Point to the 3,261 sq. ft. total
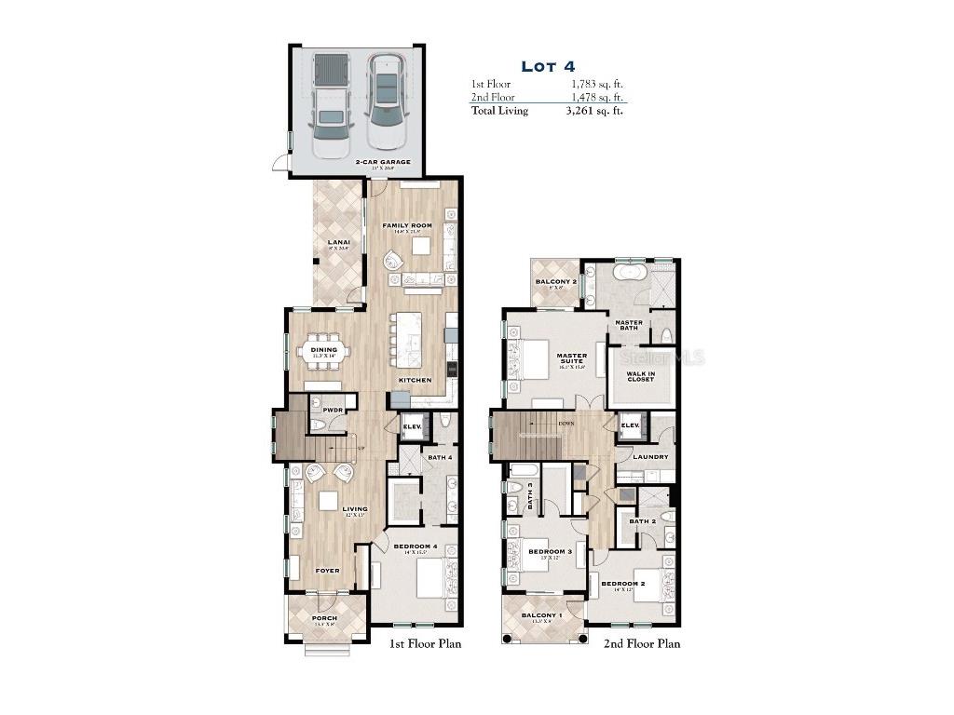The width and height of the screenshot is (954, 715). tap(594, 111)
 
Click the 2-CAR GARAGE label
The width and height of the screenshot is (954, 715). tap(382, 162)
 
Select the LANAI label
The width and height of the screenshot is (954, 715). tap(338, 244)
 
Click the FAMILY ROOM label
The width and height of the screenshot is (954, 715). tap(407, 226)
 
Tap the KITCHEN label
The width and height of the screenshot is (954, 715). tap(415, 381)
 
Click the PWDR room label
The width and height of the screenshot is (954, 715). tap(334, 410)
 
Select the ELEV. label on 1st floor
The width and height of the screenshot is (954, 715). tap(412, 427)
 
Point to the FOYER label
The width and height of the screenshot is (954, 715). tap(326, 571)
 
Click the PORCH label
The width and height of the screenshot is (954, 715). tap(324, 618)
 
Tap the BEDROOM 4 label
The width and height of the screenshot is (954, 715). tap(416, 546)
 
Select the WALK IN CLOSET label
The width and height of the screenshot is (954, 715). tap(640, 377)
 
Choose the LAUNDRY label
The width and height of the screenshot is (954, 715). tap(649, 457)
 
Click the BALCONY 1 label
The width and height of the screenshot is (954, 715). tap(541, 616)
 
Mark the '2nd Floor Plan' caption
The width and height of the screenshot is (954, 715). tap(641, 643)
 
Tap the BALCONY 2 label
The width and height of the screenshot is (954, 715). tap(555, 281)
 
